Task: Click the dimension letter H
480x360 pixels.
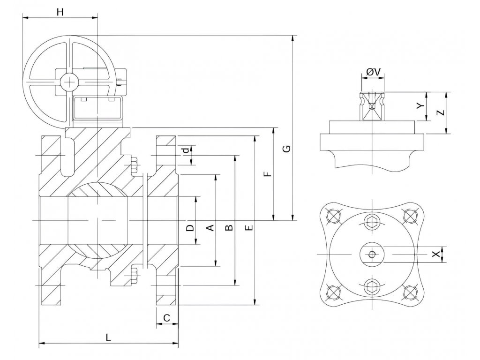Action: coord(60,12)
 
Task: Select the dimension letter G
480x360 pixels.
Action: coord(287,149)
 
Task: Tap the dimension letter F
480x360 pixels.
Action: coord(267,174)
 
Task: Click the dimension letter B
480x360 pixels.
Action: coord(229,228)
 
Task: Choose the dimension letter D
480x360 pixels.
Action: coord(190,228)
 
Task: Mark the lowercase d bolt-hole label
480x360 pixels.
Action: coord(186,150)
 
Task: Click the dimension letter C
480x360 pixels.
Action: coord(166,318)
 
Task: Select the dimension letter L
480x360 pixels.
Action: coord(108,337)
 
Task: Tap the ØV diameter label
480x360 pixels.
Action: coord(373,72)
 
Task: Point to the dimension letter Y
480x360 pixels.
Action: coord(421,106)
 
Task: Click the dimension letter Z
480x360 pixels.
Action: coord(439,113)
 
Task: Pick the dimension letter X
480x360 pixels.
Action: coord(436,254)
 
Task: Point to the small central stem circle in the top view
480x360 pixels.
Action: coord(371,254)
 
